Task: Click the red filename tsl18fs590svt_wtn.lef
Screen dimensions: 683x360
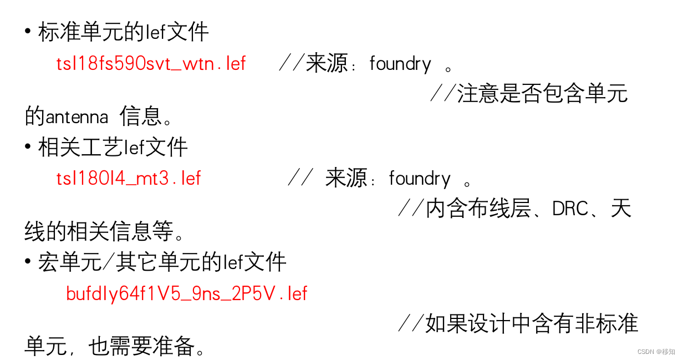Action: [151, 64]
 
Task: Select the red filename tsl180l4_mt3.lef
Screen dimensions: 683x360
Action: [129, 178]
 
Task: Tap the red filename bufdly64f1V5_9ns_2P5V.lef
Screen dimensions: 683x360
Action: [186, 293]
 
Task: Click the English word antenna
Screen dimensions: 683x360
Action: [77, 117]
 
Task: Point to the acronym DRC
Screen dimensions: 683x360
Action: [570, 209]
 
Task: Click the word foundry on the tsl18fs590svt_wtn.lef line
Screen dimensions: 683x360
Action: [400, 64]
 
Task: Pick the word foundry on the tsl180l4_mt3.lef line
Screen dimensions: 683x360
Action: [420, 179]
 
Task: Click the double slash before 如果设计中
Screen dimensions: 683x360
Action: [411, 323]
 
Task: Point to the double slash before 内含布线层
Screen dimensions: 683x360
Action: [411, 209]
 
